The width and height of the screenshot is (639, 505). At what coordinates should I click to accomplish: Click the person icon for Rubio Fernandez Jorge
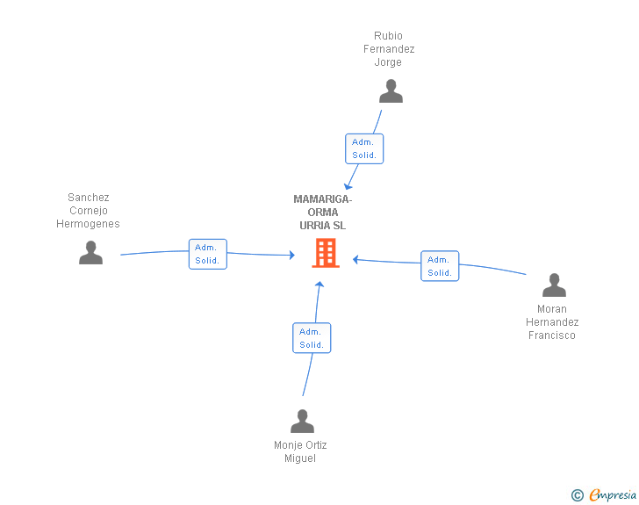pos(391,91)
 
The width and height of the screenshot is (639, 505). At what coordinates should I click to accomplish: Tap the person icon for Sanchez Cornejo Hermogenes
pos(90,253)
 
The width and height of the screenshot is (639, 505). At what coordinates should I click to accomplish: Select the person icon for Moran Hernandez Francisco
pos(554,285)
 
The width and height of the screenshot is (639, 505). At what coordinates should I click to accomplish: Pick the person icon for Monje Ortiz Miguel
pos(302,421)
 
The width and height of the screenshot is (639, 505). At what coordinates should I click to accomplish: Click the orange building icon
pos(326,253)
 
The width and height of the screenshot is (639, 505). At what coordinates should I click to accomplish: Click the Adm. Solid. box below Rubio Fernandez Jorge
pos(364,149)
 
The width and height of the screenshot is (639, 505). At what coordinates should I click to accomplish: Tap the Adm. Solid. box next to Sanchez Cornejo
pos(208,254)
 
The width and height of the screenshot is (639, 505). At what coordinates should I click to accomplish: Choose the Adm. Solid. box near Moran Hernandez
pos(440,266)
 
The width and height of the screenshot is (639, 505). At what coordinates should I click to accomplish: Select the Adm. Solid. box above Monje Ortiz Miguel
pos(312,338)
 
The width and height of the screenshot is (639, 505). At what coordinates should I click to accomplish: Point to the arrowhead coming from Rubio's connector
pos(348,186)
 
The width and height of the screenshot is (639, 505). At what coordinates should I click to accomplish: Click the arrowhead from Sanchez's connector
pos(291,255)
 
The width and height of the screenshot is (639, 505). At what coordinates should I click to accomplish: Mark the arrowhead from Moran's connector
pos(355,259)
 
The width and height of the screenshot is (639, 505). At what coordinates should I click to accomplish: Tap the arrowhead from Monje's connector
pos(319,285)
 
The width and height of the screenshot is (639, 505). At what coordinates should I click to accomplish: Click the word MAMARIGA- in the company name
pos(323,199)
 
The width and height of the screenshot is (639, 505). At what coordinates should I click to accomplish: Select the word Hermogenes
pos(88,224)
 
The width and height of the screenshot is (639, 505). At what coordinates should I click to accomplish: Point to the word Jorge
pos(388,62)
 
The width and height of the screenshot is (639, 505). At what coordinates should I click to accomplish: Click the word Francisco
pos(552,335)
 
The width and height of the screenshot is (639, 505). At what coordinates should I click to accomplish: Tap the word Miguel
pos(300,458)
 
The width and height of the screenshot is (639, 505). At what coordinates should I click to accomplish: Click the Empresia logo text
pos(613,494)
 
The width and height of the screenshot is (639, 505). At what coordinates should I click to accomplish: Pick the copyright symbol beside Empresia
pos(578,495)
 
